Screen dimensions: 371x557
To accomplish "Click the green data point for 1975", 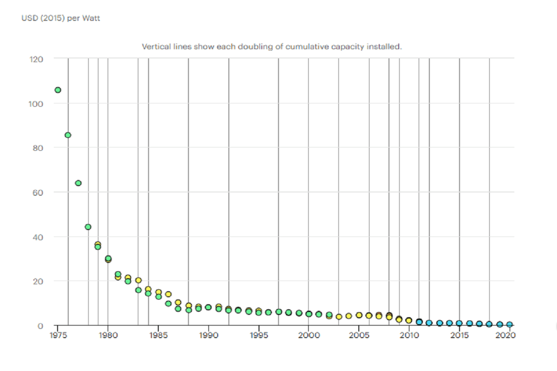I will [58, 90].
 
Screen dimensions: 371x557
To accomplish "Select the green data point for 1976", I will [68, 135].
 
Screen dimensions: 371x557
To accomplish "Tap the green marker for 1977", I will [78, 183].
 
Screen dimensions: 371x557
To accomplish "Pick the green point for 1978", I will [88, 227].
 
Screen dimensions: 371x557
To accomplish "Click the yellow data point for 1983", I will [138, 280].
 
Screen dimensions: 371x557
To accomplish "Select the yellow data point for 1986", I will [168, 294].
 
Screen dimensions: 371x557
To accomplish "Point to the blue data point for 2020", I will [509, 325].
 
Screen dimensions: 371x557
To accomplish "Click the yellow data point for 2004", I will [349, 316].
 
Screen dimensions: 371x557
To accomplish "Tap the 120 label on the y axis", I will [37, 59].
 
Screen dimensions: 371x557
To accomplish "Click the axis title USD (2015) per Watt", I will [61, 19].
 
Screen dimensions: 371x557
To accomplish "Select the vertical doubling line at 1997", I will [278, 185].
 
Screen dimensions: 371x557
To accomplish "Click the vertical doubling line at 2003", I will [338, 185].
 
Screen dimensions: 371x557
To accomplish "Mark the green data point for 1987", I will [178, 308].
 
